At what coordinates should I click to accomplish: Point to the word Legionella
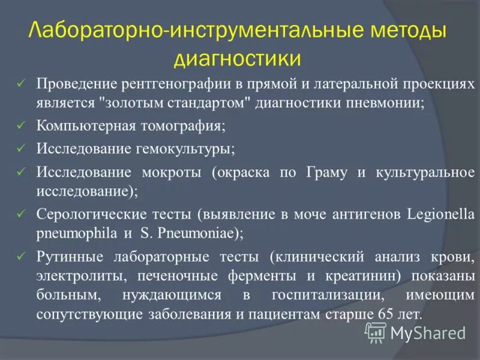coord(441,214)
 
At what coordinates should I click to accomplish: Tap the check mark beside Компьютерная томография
coord(22,127)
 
